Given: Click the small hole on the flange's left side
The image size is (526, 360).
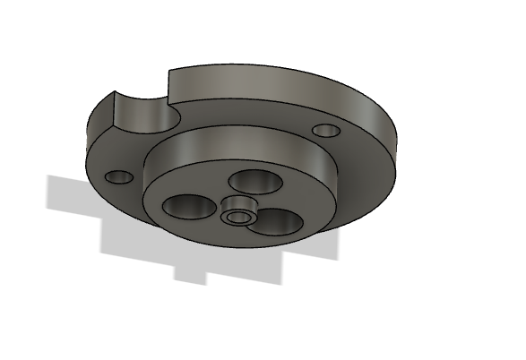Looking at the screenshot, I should pyautogui.click(x=118, y=176).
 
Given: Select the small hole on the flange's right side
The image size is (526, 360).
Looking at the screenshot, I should pyautogui.click(x=327, y=131).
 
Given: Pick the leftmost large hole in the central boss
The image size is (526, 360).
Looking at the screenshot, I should pyautogui.click(x=188, y=207).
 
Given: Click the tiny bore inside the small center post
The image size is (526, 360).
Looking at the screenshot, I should pyautogui.click(x=237, y=218).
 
